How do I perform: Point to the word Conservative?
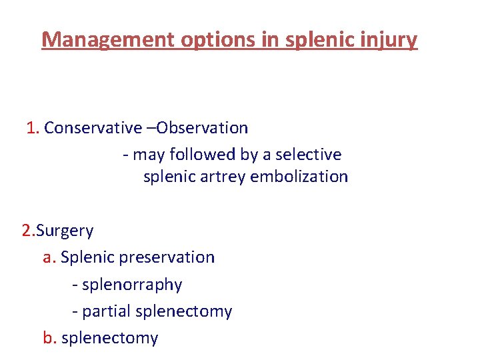[93, 127]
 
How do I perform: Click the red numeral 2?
[27, 231]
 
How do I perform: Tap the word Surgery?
[65, 231]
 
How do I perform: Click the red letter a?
[48, 257]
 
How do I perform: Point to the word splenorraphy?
[131, 285]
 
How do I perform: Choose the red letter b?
[49, 338]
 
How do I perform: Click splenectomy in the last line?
[109, 338]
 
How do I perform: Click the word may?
[147, 155]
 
